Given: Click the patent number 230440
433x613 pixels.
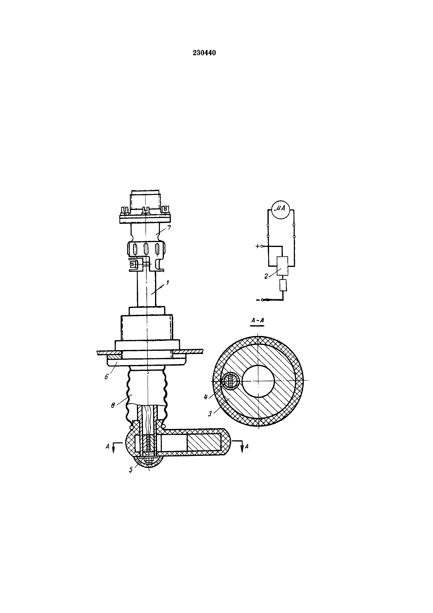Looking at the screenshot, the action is (204, 53).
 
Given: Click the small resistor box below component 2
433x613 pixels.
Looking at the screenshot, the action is (283, 285).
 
